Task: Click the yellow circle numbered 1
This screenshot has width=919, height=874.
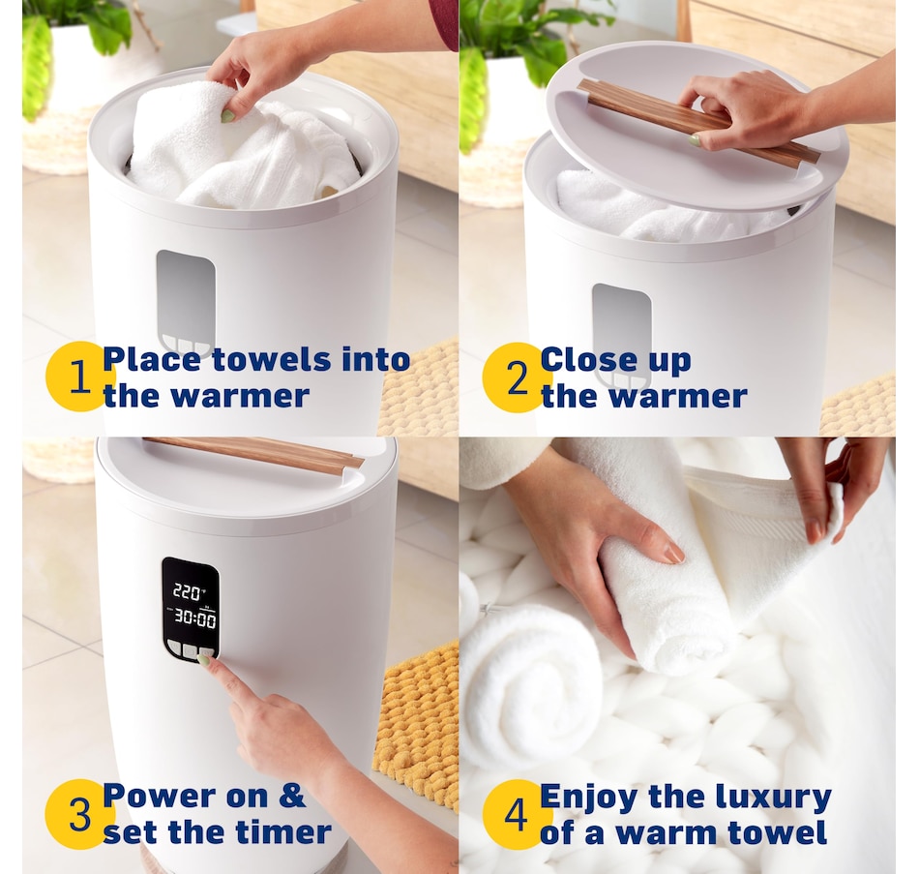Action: pyautogui.click(x=78, y=377)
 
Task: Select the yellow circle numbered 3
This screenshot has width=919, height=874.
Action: pyautogui.click(x=78, y=814)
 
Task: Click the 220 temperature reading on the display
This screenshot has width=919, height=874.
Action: pyautogui.click(x=188, y=591)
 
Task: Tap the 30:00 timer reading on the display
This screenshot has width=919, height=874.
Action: pyautogui.click(x=194, y=618)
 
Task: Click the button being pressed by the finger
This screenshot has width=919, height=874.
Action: pyautogui.click(x=207, y=652)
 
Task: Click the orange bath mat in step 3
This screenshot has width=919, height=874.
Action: pyautogui.click(x=417, y=727)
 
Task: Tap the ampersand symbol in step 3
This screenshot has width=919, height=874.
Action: pyautogui.click(x=291, y=796)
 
